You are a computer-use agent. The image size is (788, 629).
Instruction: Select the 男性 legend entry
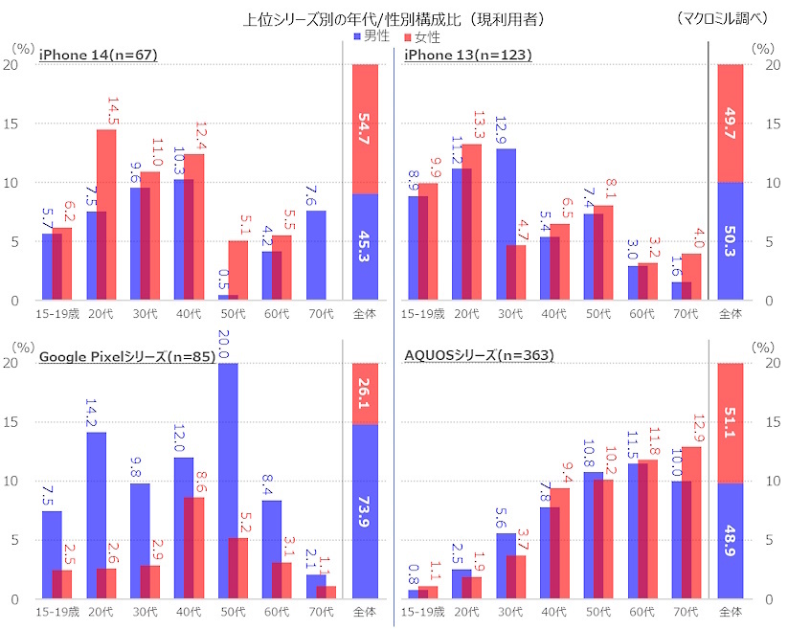pyautogui.click(x=374, y=36)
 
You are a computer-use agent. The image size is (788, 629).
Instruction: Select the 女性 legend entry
pyautogui.click(x=421, y=36)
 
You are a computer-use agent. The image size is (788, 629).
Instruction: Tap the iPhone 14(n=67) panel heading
pyautogui.click(x=98, y=55)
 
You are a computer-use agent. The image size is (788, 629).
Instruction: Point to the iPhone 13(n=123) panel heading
pyautogui.click(x=467, y=55)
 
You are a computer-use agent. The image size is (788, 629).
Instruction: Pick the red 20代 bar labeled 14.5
pyautogui.click(x=105, y=215)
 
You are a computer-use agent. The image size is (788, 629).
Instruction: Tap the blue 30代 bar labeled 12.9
pyautogui.click(x=507, y=225)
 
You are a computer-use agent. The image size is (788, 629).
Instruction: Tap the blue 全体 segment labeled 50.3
pyautogui.click(x=731, y=241)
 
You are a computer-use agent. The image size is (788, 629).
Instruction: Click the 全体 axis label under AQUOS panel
pyautogui.click(x=731, y=610)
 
